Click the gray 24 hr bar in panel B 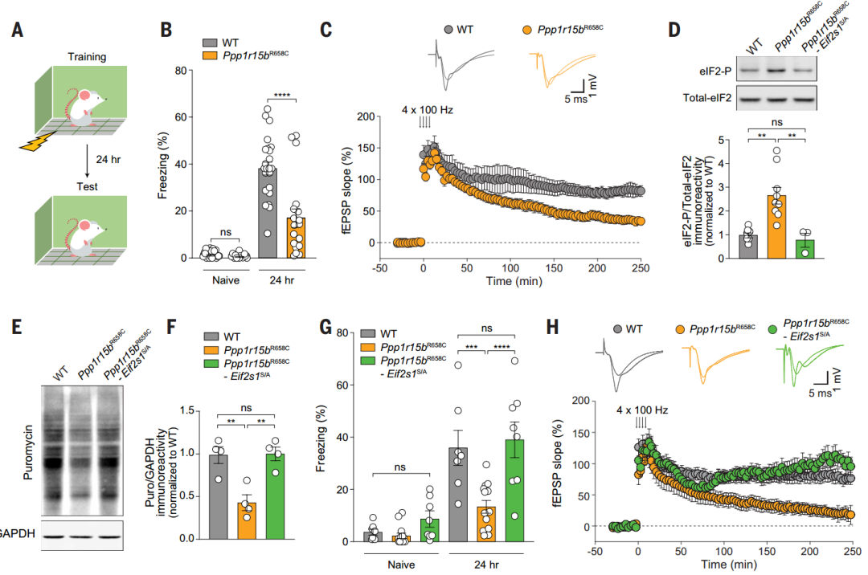pos(267,213)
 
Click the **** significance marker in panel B pos(282,95)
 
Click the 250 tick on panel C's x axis pos(641,267)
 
